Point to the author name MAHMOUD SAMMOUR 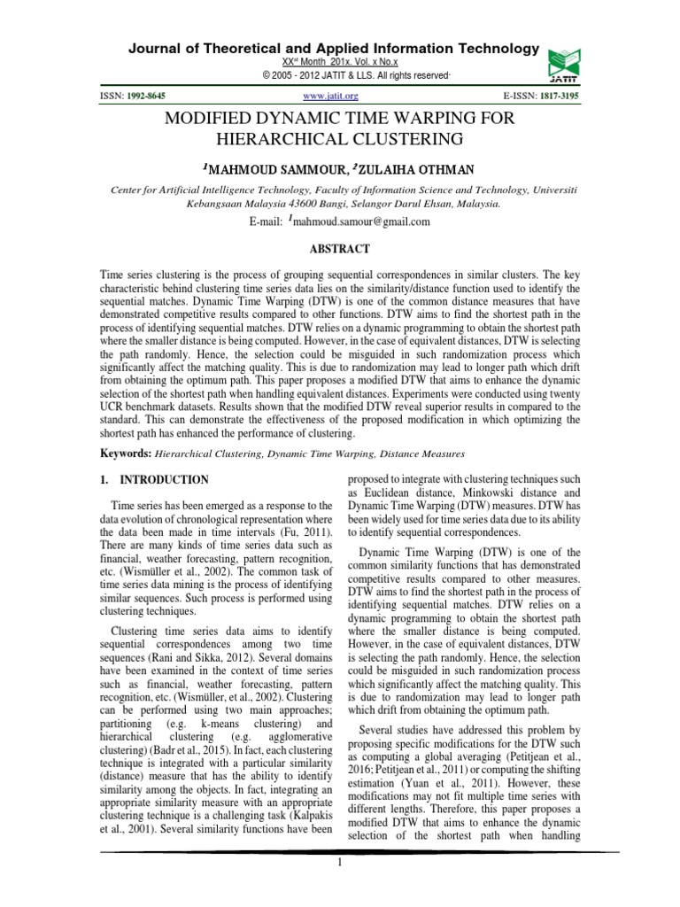point(266,169)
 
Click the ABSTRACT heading point(340,251)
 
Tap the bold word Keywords point(125,453)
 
